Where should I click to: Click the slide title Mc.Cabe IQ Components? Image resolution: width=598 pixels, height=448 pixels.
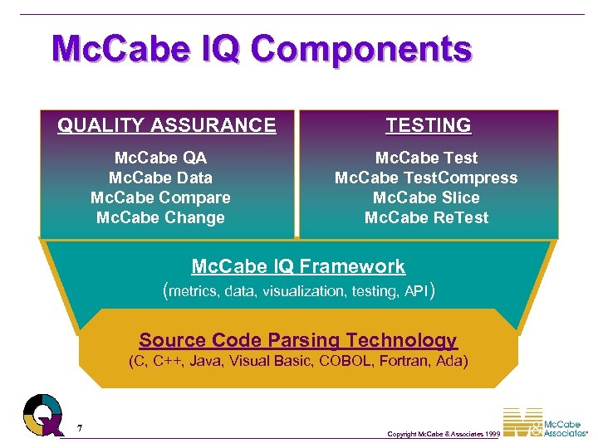pos(261,49)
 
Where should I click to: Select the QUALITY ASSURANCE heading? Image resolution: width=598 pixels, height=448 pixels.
pos(166,125)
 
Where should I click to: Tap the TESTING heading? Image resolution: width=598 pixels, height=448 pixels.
pos(428,125)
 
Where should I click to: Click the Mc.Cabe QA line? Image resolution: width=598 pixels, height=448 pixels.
pos(160,158)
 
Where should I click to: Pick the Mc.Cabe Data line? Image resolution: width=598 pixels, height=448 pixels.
pos(160,178)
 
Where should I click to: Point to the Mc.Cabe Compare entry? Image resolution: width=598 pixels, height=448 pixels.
pos(160,197)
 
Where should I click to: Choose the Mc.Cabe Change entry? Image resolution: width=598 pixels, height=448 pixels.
pos(160,217)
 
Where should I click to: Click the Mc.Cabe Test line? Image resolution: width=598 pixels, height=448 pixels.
pos(426,158)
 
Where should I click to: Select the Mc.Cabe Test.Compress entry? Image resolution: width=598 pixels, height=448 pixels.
pos(426,178)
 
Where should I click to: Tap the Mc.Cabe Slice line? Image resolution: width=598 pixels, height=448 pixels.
pos(426,197)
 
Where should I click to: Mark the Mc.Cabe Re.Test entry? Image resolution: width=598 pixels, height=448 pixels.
pos(426,217)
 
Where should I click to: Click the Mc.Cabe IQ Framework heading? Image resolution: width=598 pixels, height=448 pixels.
pos(298,266)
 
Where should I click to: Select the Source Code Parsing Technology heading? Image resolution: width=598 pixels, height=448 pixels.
pos(298,340)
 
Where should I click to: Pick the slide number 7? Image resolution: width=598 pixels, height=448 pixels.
pos(79,428)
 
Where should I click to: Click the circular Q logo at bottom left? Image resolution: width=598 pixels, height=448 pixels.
pos(42,414)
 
